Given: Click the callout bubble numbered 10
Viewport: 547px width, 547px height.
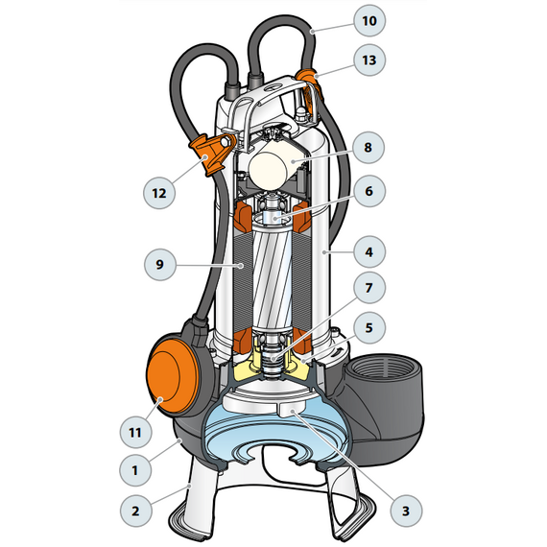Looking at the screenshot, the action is click(369, 21).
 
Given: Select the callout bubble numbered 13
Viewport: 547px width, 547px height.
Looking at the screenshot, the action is click(369, 60).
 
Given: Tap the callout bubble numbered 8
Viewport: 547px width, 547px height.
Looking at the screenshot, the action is click(369, 148).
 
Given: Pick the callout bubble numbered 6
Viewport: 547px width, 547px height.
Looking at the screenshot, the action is click(369, 191).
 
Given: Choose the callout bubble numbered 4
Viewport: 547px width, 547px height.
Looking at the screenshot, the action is click(369, 251).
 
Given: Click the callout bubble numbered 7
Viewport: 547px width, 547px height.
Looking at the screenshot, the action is click(369, 288).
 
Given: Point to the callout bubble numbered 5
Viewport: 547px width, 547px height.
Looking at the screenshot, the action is click(369, 328).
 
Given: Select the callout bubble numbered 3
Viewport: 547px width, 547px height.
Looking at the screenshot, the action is click(406, 511).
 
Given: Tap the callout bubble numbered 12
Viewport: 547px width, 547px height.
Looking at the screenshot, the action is click(159, 193).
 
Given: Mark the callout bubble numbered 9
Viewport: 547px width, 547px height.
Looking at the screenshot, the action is click(160, 265).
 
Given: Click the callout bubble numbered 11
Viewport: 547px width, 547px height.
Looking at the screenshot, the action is click(135, 433).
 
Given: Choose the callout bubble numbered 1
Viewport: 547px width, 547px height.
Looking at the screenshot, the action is click(135, 470).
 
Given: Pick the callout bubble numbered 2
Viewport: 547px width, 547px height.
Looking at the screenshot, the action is click(135, 511).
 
